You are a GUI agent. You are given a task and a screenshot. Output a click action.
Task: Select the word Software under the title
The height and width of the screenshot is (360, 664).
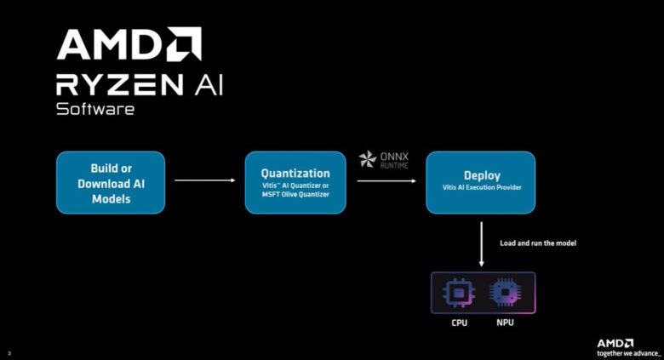[94, 110]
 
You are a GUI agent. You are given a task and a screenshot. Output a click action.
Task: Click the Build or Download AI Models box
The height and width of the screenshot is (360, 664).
[111, 182]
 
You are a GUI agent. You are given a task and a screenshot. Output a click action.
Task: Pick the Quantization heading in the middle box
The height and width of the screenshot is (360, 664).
[295, 173]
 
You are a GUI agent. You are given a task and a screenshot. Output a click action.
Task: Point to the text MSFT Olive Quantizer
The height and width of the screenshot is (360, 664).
[295, 194]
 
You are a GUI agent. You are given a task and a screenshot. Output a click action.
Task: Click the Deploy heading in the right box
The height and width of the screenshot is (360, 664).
[482, 174]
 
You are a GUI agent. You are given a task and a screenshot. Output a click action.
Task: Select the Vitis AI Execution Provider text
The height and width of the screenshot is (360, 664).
[482, 187]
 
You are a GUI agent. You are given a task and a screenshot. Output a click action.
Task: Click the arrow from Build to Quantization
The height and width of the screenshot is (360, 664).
[204, 180]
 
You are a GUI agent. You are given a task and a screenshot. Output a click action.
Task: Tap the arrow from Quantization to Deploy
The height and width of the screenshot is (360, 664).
[387, 180]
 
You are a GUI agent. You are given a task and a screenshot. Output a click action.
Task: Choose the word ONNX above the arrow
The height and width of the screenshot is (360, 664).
[394, 156]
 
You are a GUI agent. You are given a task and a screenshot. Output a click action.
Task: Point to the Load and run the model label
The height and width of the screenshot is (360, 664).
[539, 243]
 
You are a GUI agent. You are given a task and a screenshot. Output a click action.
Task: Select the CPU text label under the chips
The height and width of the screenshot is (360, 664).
[459, 324]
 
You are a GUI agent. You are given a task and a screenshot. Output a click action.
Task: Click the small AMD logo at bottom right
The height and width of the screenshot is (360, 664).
[615, 342]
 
